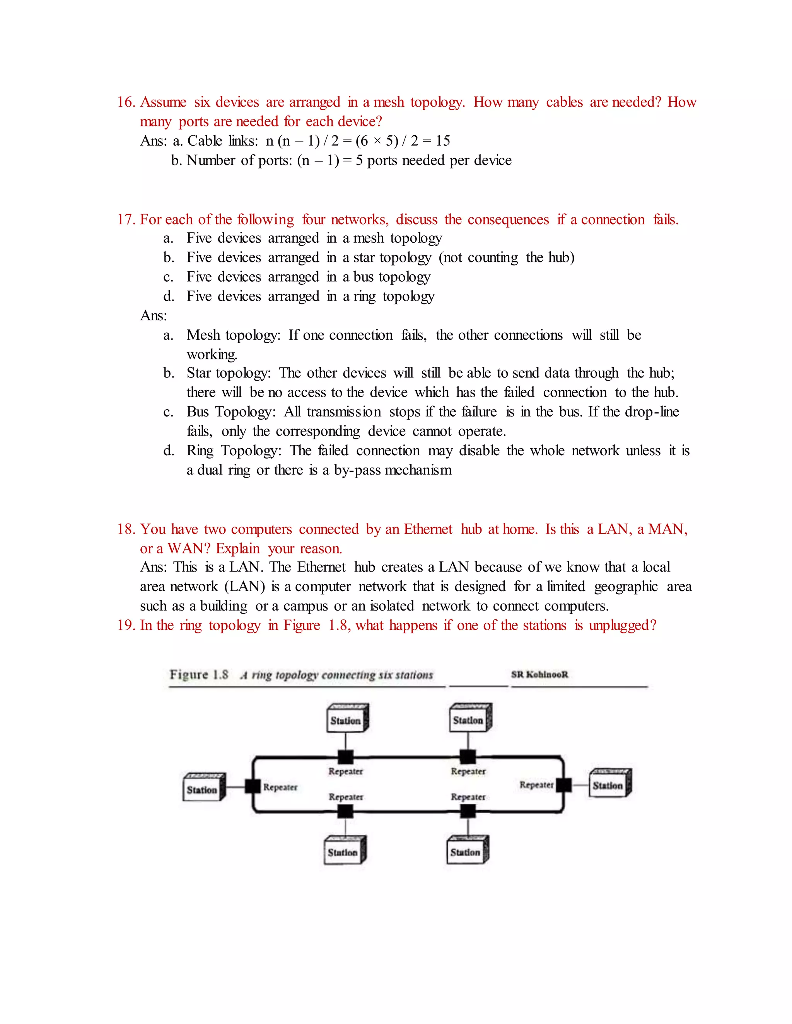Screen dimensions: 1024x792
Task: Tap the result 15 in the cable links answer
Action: click(442, 141)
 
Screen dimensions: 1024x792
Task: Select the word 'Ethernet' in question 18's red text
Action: click(428, 529)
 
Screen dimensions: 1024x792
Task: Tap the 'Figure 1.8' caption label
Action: click(199, 675)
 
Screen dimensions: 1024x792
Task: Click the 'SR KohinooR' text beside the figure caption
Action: click(539, 675)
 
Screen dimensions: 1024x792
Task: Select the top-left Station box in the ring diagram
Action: click(347, 719)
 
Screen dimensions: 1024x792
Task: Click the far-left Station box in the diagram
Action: click(203, 788)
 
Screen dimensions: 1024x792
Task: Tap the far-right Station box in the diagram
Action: click(609, 784)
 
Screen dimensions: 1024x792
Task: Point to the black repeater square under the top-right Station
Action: click(468, 756)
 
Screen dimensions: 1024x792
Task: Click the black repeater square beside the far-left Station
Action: click(253, 786)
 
